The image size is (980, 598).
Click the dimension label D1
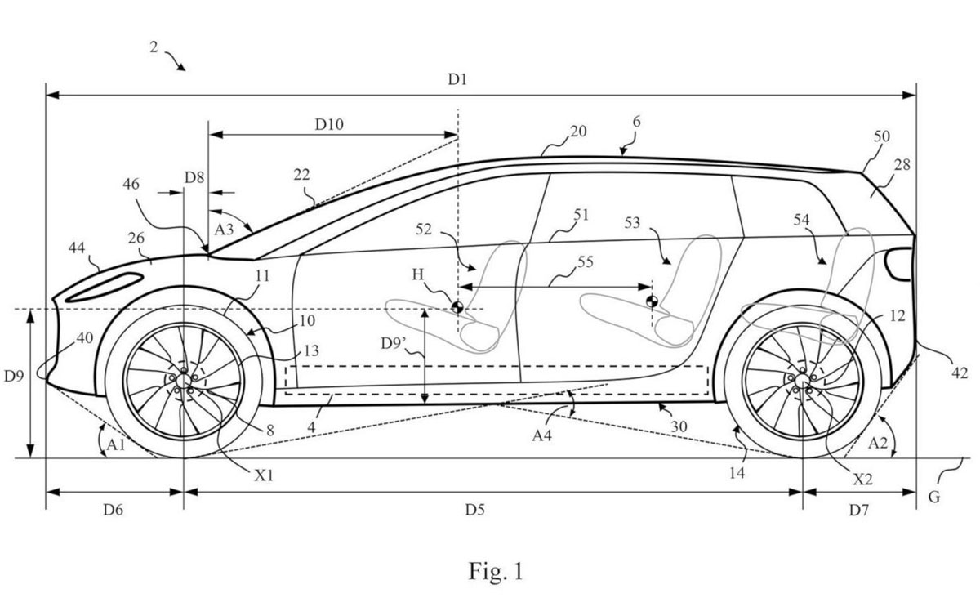457,79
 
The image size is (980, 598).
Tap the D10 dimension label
329,125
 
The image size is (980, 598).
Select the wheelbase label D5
474,510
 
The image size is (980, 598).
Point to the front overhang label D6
113,510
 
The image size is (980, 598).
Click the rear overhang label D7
859,510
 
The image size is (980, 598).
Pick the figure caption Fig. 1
496,571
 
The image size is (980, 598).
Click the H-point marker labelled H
457,307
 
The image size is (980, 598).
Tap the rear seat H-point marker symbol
652,301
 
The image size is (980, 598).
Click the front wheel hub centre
184,381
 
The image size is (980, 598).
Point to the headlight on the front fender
105,288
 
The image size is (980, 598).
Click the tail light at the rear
898,264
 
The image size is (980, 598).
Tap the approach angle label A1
116,444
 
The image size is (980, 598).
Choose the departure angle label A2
878,444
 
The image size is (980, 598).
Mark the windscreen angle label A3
224,230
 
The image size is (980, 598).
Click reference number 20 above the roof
578,132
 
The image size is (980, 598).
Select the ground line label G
933,498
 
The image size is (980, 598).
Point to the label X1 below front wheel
264,475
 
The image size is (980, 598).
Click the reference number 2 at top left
154,47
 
